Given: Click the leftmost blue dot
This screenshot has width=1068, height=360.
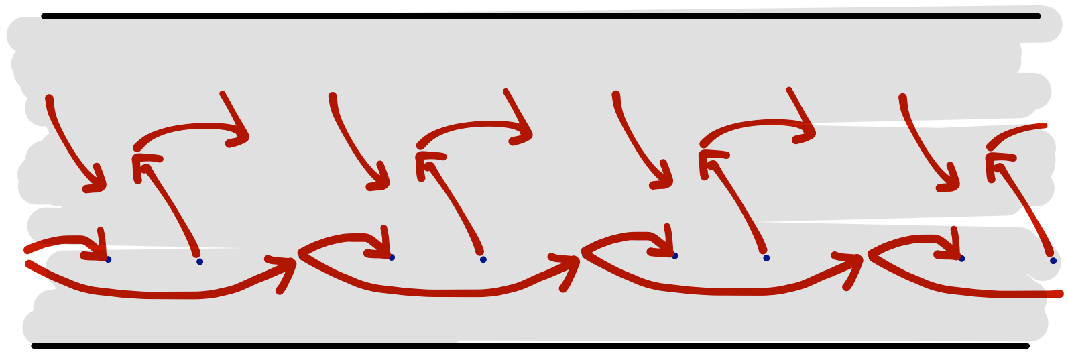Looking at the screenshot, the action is tap(108, 259).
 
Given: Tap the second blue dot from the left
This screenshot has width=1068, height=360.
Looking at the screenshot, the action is tap(200, 261).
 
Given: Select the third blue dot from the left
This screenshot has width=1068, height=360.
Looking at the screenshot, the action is tap(392, 257).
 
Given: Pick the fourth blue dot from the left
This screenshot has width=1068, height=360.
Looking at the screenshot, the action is tap(483, 259).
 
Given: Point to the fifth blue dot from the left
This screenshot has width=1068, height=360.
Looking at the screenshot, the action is tap(674, 256).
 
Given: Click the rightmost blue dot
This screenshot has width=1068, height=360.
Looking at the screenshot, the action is tap(1053, 261).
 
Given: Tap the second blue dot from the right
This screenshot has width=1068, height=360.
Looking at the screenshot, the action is tap(961, 259).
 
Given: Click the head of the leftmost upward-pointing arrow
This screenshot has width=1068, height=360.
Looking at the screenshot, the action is tap(137, 159).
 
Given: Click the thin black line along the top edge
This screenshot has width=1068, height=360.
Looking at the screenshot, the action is tap(670, 14).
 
